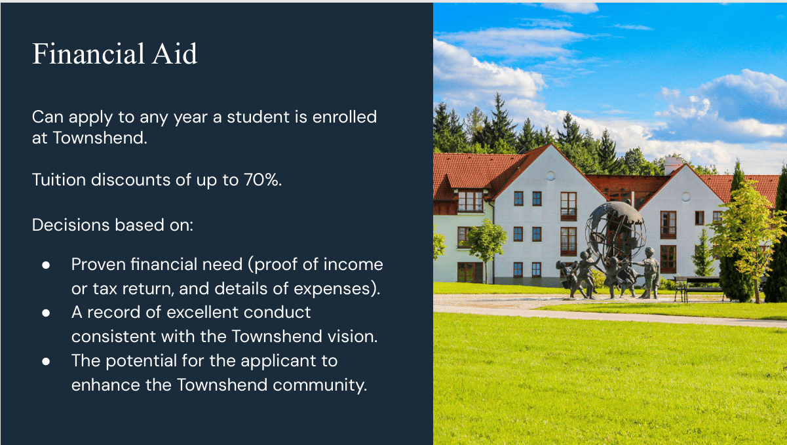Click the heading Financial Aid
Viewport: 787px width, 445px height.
115,54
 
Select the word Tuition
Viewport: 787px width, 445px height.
59,180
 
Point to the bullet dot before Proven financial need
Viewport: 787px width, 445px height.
46,265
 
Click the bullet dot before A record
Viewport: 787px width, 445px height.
46,313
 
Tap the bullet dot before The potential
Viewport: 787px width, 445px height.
46,361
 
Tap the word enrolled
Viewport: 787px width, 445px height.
345,117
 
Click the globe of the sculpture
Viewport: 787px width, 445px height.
615,230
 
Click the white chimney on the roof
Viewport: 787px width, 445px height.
673,164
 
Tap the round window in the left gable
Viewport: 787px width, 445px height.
550,176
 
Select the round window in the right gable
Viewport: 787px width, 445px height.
686,197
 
